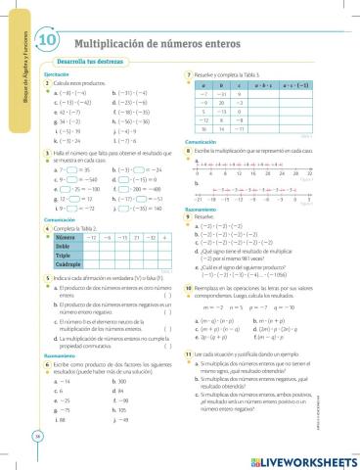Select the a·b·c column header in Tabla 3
coord(265,85)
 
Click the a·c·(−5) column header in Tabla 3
coord(300,85)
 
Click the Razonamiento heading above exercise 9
coord(201,210)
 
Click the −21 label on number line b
coord(199,199)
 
